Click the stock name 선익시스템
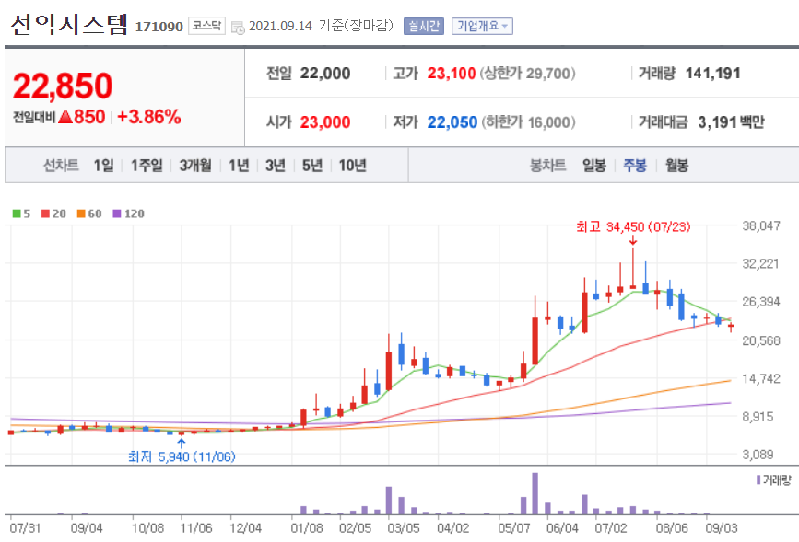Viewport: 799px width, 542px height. (x=69, y=25)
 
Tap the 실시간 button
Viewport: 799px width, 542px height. (x=424, y=26)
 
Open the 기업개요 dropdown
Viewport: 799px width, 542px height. (x=482, y=26)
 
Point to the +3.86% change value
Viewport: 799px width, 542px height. (x=148, y=117)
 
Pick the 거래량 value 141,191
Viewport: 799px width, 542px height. (x=713, y=74)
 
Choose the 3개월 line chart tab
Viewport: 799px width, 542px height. (x=195, y=166)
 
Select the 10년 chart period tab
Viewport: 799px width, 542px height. (x=352, y=166)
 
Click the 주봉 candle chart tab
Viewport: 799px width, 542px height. (x=635, y=166)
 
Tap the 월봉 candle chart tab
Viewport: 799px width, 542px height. (x=676, y=166)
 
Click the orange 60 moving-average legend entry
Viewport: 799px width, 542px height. (x=89, y=213)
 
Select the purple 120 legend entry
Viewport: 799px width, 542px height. (x=129, y=213)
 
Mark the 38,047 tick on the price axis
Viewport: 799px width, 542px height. (x=761, y=225)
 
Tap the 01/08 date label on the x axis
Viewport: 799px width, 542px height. (x=306, y=528)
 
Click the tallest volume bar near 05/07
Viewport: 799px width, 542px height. (x=535, y=494)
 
